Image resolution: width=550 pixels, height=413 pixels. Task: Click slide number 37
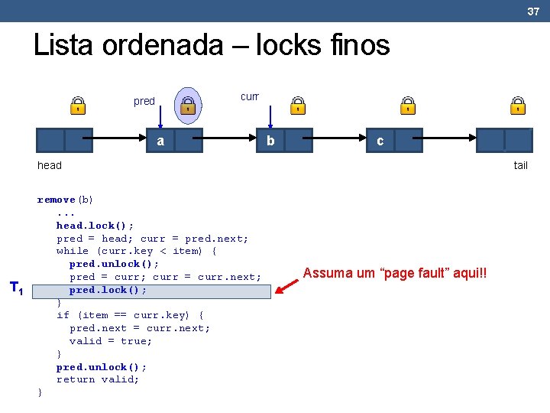click(x=533, y=11)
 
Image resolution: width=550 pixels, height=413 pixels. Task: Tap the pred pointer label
click(x=144, y=101)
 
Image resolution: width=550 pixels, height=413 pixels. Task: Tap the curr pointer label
click(x=250, y=96)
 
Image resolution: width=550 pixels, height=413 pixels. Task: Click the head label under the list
click(x=50, y=165)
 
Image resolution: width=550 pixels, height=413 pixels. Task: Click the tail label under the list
click(x=520, y=165)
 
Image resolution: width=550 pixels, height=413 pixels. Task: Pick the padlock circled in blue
click(x=188, y=106)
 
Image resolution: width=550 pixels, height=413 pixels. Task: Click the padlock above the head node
click(x=78, y=106)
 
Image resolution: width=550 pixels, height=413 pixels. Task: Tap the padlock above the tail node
click(x=518, y=106)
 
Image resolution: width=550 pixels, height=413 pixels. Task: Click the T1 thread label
click(x=16, y=288)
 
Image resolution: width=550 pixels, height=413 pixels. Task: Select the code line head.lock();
click(x=95, y=226)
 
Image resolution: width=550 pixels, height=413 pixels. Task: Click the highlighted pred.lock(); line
click(x=108, y=290)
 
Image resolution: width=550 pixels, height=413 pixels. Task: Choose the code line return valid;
click(x=98, y=379)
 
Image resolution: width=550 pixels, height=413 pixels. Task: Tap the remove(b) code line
click(x=66, y=200)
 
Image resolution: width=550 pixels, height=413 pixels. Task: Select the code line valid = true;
click(x=111, y=341)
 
